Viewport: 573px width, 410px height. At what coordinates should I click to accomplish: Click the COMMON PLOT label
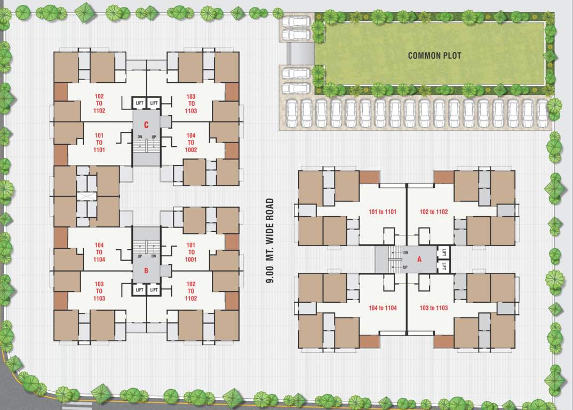(434, 56)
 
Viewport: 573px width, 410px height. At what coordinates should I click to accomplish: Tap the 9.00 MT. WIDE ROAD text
(270, 240)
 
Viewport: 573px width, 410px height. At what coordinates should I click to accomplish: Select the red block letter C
(146, 125)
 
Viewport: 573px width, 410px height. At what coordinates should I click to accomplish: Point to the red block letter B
(146, 271)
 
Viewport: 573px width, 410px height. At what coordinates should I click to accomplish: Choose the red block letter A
(419, 260)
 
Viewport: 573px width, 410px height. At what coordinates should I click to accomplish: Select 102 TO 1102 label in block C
(99, 104)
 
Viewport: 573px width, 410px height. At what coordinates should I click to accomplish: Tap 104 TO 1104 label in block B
(99, 253)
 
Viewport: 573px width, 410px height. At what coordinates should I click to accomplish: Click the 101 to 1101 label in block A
(383, 212)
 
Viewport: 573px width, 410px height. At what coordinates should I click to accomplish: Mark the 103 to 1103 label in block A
(434, 308)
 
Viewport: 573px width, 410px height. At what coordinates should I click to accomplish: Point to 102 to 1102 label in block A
(434, 212)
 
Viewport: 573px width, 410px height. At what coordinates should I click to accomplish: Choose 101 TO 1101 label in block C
(99, 143)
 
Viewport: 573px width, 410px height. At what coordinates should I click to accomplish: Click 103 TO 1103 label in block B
(99, 291)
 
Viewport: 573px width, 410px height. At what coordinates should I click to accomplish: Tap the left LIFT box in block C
(140, 102)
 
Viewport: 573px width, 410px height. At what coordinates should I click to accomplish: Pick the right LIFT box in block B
(154, 290)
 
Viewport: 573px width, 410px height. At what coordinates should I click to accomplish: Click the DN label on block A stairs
(406, 253)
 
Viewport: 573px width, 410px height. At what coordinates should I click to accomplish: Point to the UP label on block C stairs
(154, 137)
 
